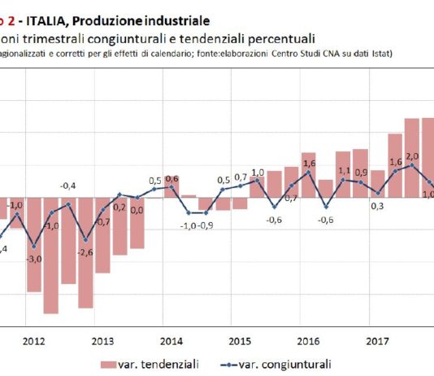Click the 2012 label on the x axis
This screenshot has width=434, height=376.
pyautogui.click(x=33, y=342)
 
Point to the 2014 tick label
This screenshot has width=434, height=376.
pyautogui.click(x=171, y=342)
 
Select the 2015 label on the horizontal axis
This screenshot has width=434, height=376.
pyautogui.click(x=240, y=342)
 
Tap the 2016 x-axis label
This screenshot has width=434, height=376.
pyautogui.click(x=308, y=342)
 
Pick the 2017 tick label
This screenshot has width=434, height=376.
pyautogui.click(x=376, y=342)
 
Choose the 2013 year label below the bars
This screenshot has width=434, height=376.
pyautogui.click(x=102, y=342)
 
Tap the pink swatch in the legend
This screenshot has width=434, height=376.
pyautogui.click(x=110, y=365)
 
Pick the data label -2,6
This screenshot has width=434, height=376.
pyautogui.click(x=86, y=251)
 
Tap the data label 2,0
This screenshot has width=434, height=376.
pyautogui.click(x=412, y=156)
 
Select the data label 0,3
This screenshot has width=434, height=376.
pyautogui.click(x=378, y=206)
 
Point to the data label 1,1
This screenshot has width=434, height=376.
pyautogui.click(x=344, y=171)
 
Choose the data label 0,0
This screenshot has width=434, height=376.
pyautogui.click(x=137, y=210)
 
